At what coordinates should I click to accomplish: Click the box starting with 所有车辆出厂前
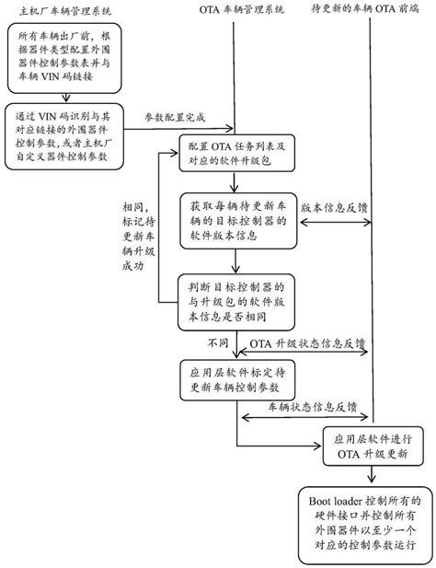point(63,58)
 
